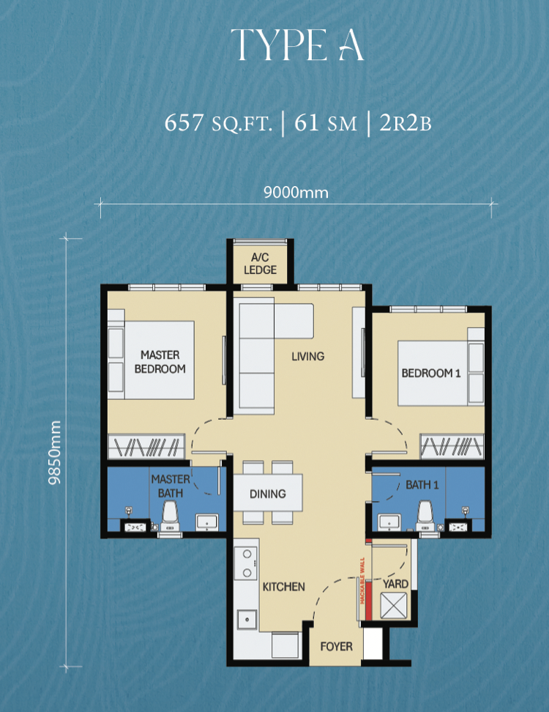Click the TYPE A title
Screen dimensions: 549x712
297,45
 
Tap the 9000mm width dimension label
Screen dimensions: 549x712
296,193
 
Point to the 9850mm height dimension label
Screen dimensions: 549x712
55,452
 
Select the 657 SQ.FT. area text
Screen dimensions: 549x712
218,122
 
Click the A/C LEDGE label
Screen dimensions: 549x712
260,264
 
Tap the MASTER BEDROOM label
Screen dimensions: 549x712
160,362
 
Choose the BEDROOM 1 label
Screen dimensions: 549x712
431,374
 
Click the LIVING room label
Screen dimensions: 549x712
308,357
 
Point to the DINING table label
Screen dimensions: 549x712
268,494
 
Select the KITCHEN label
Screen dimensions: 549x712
283,587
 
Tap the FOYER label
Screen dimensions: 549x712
336,646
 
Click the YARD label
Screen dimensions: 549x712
395,584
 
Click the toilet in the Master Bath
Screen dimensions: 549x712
170,516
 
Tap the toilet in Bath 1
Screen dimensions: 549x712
425,516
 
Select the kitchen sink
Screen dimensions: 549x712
247,620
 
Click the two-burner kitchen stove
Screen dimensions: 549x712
247,563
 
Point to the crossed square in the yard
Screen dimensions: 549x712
393,605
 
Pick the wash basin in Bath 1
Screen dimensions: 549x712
389,522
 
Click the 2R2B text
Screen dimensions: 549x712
406,122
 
